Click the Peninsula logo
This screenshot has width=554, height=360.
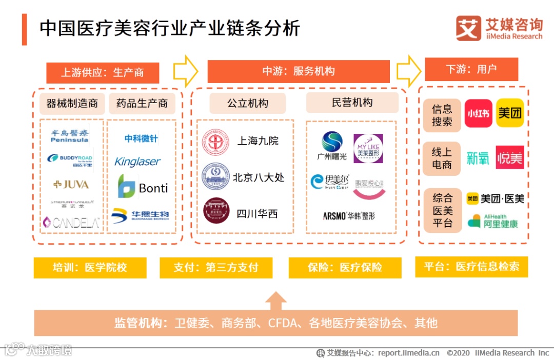(70, 135)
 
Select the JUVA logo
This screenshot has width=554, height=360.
(71, 184)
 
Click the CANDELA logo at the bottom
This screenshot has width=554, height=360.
(71, 222)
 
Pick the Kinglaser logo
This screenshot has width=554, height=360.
(137, 162)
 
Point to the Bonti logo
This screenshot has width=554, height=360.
(143, 187)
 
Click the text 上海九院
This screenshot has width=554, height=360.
(258, 141)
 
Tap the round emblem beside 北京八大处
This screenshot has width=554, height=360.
(215, 177)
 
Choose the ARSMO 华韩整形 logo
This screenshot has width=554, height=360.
(349, 216)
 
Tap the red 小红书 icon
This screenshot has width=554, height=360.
(478, 113)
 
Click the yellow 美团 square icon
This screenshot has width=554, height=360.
(510, 113)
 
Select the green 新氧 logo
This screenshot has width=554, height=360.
(478, 158)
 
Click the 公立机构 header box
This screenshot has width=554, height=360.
(247, 103)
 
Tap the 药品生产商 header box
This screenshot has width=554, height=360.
(142, 104)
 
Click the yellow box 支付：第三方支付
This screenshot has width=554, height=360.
(215, 268)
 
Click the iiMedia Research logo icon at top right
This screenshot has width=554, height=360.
(468, 29)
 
